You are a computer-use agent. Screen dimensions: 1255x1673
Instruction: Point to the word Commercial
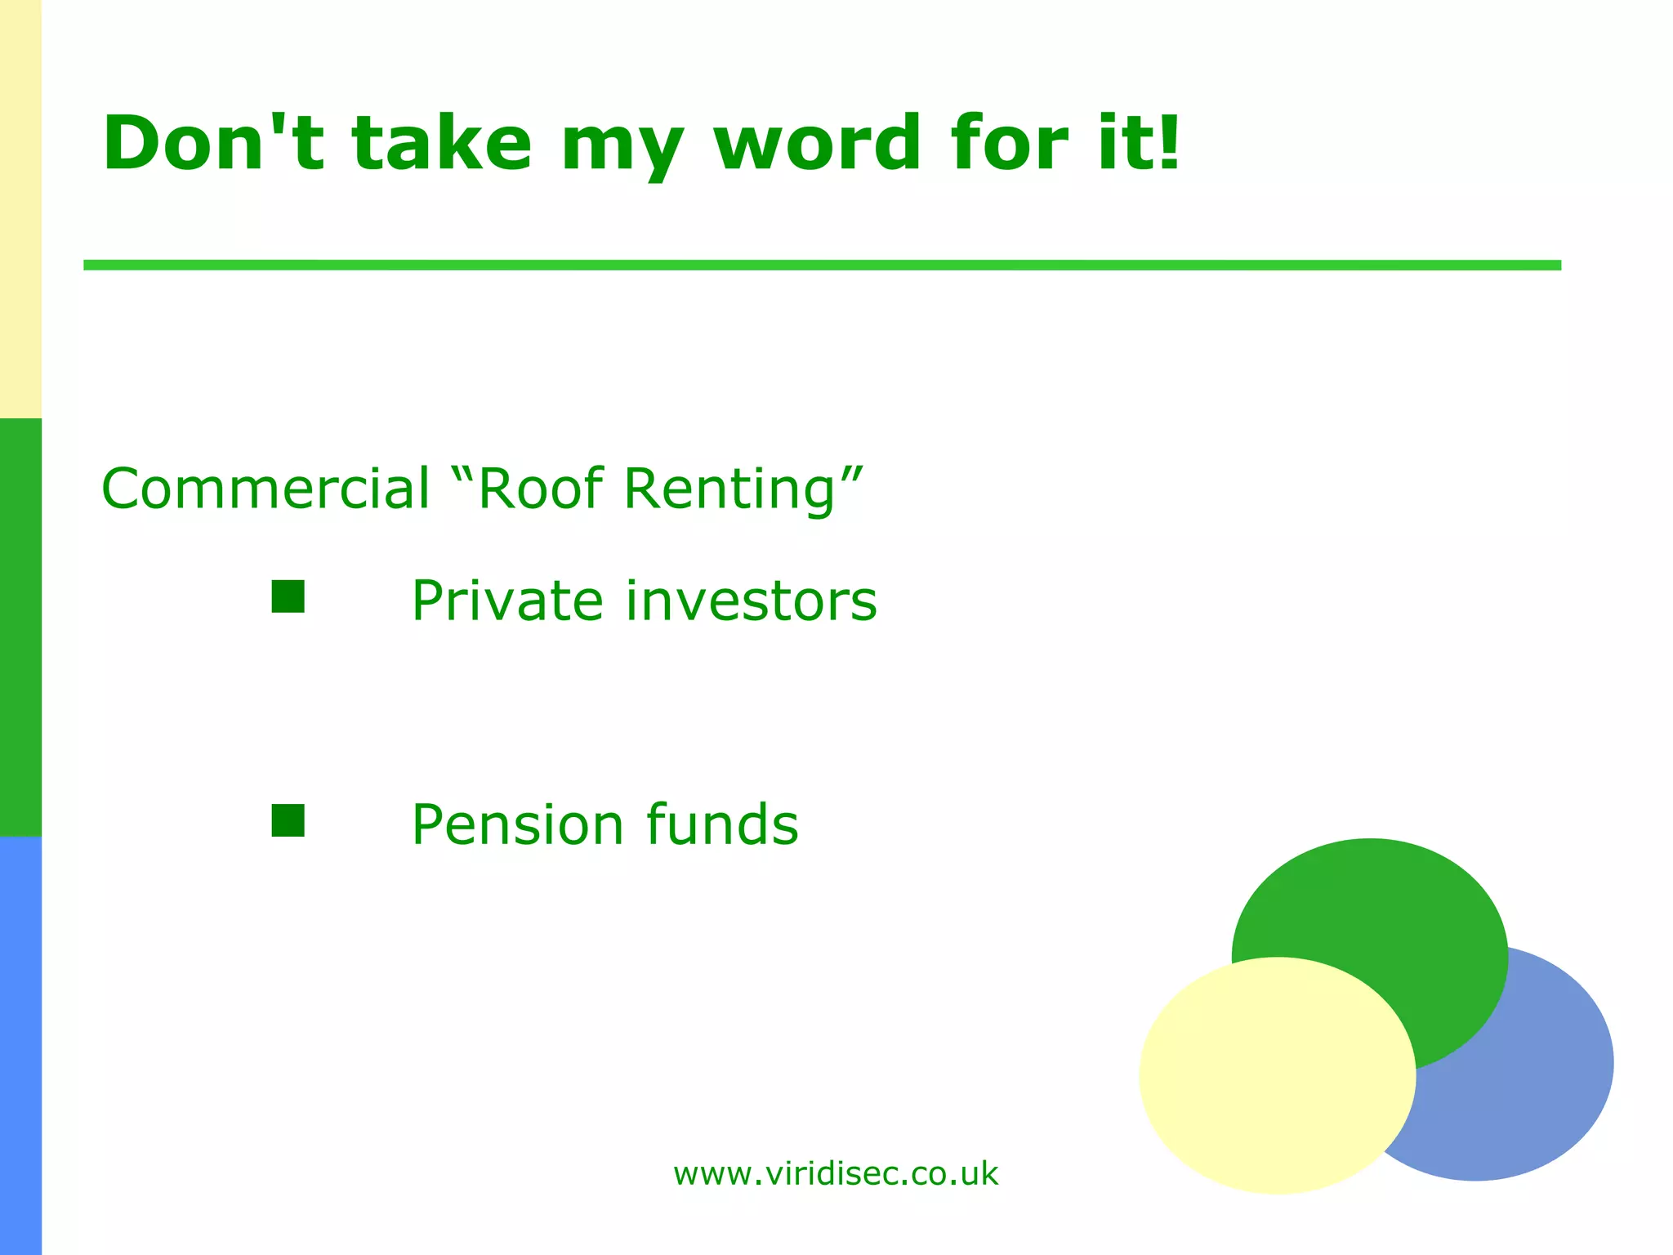click(265, 489)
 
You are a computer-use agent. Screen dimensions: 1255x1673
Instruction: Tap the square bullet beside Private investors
click(288, 596)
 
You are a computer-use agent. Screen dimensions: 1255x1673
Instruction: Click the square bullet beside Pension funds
click(288, 820)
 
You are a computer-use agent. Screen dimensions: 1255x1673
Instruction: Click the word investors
click(752, 601)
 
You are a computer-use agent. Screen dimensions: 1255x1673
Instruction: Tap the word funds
click(723, 824)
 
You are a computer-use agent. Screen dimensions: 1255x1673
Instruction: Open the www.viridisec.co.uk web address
click(835, 1174)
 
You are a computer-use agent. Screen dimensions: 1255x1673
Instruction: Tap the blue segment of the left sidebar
click(20, 1046)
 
